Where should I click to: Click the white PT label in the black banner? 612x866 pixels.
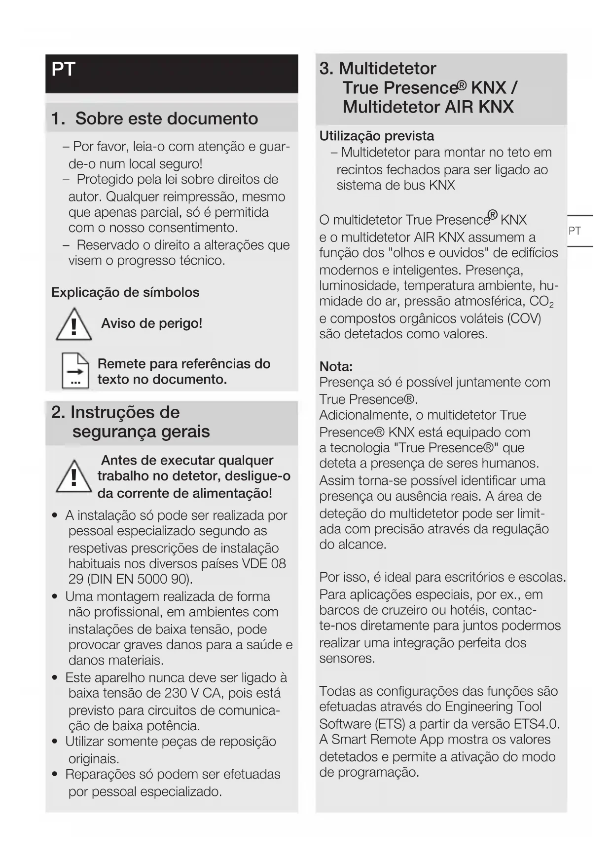[x=63, y=70]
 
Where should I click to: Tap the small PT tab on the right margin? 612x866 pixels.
[x=575, y=231]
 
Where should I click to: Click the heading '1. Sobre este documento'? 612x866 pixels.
[x=154, y=118]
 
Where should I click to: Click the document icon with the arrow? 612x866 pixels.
[x=75, y=371]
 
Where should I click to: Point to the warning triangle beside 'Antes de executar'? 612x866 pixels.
[x=73, y=477]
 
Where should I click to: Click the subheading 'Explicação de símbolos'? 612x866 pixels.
[x=125, y=292]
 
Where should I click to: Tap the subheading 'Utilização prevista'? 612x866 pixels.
[x=376, y=136]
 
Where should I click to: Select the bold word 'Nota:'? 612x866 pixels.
[x=336, y=366]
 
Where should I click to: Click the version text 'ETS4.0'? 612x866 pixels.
[x=536, y=724]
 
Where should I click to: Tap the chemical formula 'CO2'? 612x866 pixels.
[x=541, y=302]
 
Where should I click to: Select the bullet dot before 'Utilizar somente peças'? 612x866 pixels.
[x=55, y=742]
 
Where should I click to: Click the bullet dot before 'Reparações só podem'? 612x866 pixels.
[x=55, y=775]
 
